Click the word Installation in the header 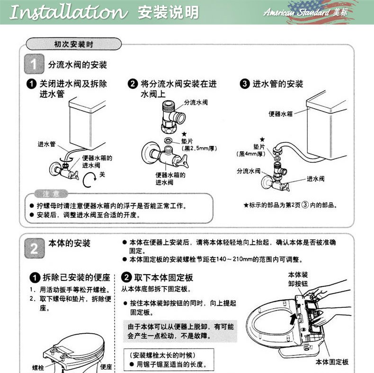coord(69,13)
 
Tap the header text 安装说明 coord(168,13)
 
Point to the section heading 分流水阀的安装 coord(78,65)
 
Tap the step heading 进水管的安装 coord(277,84)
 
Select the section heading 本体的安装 coord(70,243)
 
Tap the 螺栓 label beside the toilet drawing coord(38,367)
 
